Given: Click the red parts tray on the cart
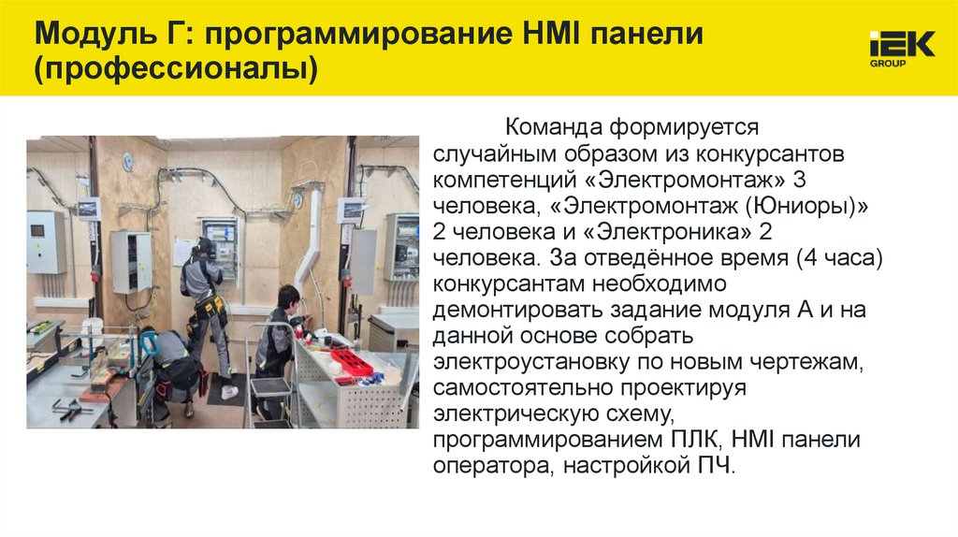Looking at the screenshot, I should (x=352, y=362).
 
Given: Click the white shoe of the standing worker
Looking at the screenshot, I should (x=229, y=393).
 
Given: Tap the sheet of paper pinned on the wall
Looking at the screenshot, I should (x=182, y=251).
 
